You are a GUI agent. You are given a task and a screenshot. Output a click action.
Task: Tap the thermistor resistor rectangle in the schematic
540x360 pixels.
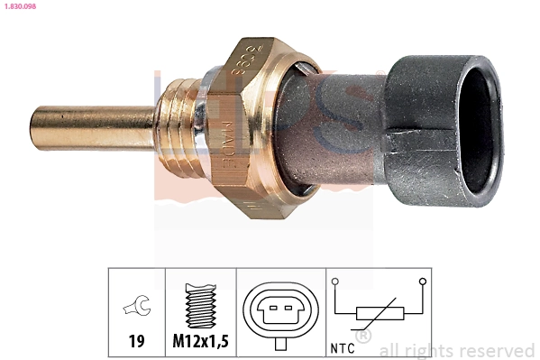378,313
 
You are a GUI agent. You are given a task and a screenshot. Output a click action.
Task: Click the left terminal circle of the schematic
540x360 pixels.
335,282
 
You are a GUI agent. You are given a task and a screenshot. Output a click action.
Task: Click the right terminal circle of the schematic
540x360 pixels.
421,282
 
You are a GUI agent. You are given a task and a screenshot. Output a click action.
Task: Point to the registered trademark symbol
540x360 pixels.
363,337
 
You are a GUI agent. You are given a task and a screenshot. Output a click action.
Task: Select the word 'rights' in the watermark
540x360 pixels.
427,351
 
